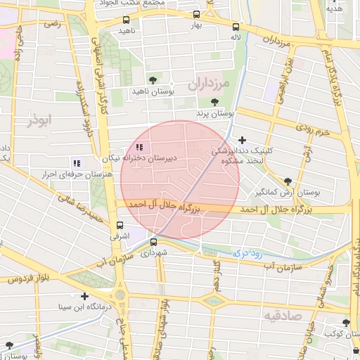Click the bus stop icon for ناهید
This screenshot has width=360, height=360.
pyautogui.click(x=126, y=20)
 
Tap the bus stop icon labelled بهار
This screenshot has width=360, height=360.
pyautogui.click(x=195, y=14)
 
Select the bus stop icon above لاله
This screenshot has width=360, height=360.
pyautogui.click(x=234, y=27)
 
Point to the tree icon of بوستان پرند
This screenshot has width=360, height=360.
pyautogui.click(x=214, y=103)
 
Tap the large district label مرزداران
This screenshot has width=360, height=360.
pyautogui.click(x=209, y=84)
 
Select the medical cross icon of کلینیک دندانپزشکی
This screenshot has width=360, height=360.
pyautogui.click(x=243, y=140)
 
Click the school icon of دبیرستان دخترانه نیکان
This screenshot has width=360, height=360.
pyautogui.click(x=139, y=148)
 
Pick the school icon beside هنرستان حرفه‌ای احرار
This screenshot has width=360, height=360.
pyautogui.click(x=76, y=164)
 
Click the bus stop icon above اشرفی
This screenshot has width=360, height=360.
pyautogui.click(x=120, y=226)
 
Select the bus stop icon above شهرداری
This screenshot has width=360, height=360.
pyautogui.click(x=153, y=242)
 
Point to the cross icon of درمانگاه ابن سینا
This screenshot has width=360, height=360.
pyautogui.click(x=84, y=296)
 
